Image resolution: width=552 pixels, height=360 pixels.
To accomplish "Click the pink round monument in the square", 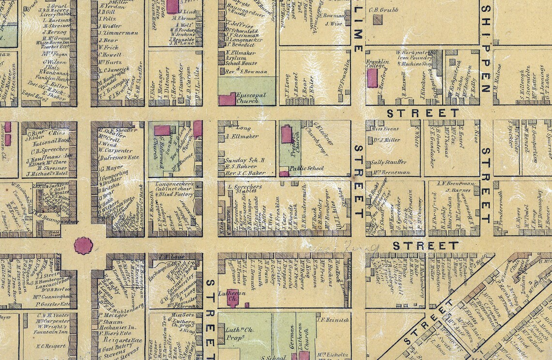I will (x=83, y=246).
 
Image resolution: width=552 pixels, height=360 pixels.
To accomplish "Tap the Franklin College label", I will (x=378, y=65).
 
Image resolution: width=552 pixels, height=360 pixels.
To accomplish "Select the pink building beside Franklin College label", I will (x=372, y=78).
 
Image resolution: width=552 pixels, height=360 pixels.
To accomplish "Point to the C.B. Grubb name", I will (x=381, y=9).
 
